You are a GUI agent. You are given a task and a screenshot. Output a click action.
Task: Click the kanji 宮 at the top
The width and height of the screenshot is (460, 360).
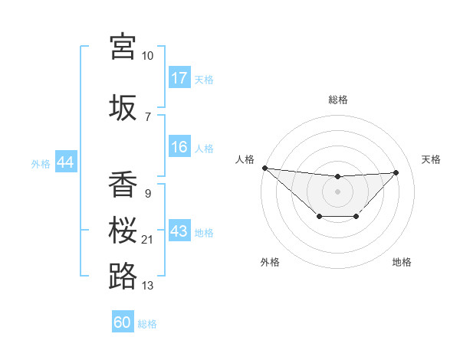tap(123, 47)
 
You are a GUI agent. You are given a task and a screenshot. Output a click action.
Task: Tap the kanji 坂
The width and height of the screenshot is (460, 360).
tap(123, 106)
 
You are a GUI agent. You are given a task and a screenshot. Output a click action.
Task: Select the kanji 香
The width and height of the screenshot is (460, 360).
tap(123, 185)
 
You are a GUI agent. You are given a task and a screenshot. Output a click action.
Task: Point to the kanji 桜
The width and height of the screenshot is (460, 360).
tap(123, 231)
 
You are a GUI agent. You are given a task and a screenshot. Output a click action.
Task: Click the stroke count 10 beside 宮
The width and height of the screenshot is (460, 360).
tap(147, 57)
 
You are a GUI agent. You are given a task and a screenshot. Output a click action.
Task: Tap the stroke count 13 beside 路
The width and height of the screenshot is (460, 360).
tap(147, 286)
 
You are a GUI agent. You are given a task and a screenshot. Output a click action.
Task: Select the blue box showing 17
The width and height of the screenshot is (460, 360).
tap(179, 78)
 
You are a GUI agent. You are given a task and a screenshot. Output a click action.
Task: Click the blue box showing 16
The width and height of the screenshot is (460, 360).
tap(179, 147)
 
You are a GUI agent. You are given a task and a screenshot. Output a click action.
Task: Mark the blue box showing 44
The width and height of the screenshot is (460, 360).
tap(65, 163)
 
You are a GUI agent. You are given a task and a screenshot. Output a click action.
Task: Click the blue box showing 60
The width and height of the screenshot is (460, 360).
tap(123, 322)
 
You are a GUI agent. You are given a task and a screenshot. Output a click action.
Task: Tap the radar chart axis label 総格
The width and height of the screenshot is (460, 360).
tap(337, 100)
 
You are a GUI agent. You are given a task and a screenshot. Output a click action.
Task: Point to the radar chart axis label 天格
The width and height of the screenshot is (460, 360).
tap(432, 159)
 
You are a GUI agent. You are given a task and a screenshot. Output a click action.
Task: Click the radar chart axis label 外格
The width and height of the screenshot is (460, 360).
tap(270, 262)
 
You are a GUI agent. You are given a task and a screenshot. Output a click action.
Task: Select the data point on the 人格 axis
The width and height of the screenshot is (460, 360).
tap(264, 168)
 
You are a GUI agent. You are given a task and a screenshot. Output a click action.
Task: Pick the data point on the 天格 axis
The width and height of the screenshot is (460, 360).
tap(396, 172)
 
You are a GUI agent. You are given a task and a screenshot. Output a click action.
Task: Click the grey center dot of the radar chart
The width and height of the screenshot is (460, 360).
tap(337, 191)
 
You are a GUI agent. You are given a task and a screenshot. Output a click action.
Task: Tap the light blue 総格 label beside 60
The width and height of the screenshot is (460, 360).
tap(147, 324)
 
